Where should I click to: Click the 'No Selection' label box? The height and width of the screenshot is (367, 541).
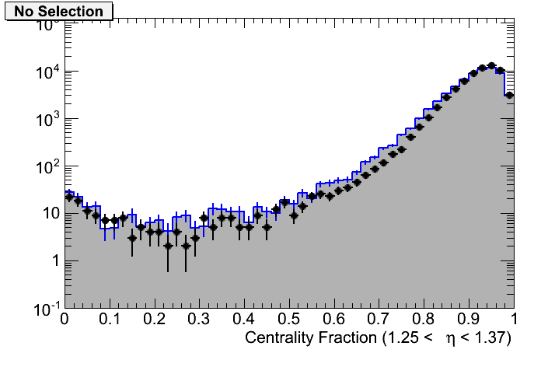tap(59, 12)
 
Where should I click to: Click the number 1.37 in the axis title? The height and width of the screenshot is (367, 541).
tap(493, 338)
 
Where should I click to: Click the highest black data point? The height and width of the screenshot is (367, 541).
tap(491, 66)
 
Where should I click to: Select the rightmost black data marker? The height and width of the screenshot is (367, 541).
tap(509, 95)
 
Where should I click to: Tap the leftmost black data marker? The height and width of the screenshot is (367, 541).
tap(69, 197)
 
